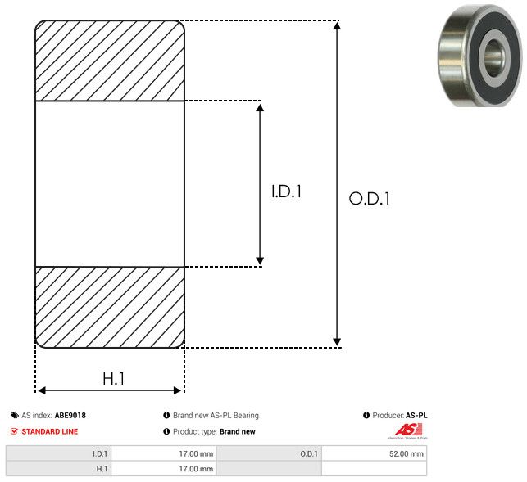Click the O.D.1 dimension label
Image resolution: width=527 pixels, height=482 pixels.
pos(369,198)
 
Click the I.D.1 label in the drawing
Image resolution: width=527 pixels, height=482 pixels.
pos(287,192)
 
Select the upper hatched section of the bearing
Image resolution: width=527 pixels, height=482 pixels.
pos(110,61)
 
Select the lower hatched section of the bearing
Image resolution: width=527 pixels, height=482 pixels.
pos(110,307)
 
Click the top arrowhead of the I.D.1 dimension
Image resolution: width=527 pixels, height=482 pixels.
pos(260,107)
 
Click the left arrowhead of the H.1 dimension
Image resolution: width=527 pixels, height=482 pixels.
pos(42,390)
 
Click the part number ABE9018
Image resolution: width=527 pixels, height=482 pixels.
pos(70,416)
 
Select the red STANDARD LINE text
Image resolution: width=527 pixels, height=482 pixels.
pos(49,431)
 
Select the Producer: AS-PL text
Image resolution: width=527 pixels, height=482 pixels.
pos(399,416)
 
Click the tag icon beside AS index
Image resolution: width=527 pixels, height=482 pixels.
pos(15,416)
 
